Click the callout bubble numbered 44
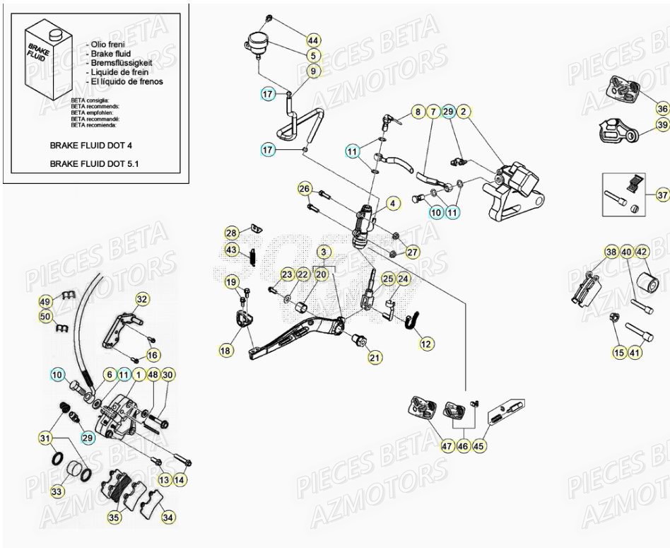[313, 40]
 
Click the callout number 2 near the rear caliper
[463, 111]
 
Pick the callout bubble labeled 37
[662, 194]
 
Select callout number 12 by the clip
[426, 344]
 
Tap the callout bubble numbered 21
[375, 358]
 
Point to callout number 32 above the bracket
[142, 299]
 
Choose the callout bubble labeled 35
[114, 518]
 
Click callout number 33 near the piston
[57, 491]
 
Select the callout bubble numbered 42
[642, 252]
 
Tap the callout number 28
[231, 233]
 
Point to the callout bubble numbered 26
[305, 189]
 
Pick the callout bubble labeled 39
[662, 125]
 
